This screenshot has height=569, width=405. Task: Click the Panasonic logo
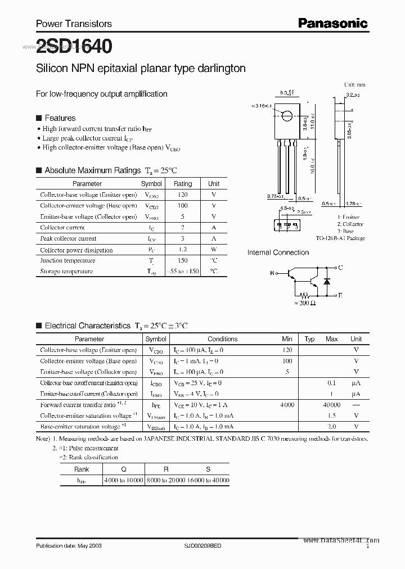[332, 23]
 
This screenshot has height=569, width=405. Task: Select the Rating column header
[183, 184]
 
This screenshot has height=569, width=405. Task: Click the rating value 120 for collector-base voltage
[183, 195]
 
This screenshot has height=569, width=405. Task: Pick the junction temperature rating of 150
[183, 260]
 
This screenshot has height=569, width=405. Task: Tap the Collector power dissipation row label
[76, 250]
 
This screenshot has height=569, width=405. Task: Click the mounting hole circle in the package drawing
[287, 116]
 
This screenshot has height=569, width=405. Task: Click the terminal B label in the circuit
[272, 273]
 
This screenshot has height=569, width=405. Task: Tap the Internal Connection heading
[278, 252]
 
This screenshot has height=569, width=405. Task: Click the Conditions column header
[222, 339]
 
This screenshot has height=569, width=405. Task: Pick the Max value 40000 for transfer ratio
[332, 405]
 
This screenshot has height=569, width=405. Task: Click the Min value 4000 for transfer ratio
[287, 405]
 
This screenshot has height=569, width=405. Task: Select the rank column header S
[208, 469]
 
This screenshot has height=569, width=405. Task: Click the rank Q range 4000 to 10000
[124, 480]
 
